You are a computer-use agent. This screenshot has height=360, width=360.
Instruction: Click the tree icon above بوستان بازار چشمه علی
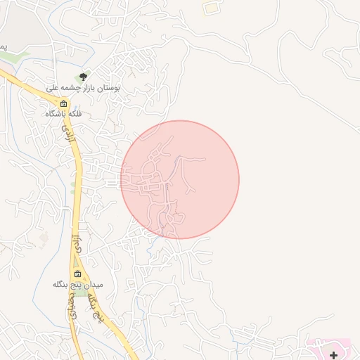click(x=84, y=76)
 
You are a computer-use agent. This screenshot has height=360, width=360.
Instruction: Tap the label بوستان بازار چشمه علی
click(x=83, y=88)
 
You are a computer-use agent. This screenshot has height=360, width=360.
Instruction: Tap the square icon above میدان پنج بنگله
click(x=77, y=274)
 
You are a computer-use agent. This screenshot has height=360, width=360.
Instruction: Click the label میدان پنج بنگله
click(x=78, y=285)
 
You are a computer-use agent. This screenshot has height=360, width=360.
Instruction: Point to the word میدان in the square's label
click(x=94, y=285)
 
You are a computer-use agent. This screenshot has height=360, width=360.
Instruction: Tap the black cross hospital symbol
click(x=333, y=356)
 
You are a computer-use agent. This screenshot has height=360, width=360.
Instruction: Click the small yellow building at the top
click(x=210, y=8)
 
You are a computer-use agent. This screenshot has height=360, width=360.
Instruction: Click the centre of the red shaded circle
click(x=180, y=179)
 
